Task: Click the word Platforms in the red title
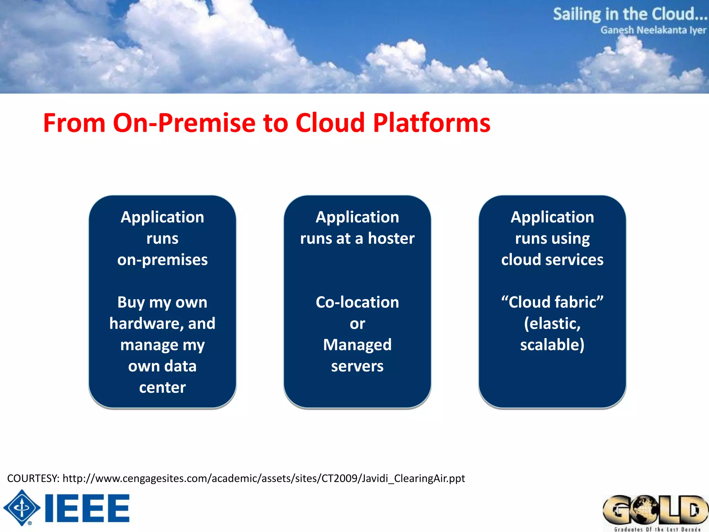(431, 123)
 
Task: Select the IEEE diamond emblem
(22, 508)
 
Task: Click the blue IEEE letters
(87, 508)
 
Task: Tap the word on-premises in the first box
(162, 260)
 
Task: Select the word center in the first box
(162, 387)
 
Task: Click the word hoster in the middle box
(391, 238)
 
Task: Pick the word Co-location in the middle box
(357, 302)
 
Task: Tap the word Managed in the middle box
(357, 345)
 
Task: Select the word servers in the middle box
(357, 366)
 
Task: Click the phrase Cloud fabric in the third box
(552, 302)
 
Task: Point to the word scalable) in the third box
(552, 345)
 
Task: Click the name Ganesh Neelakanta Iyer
(653, 30)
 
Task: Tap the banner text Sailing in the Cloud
(629, 15)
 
